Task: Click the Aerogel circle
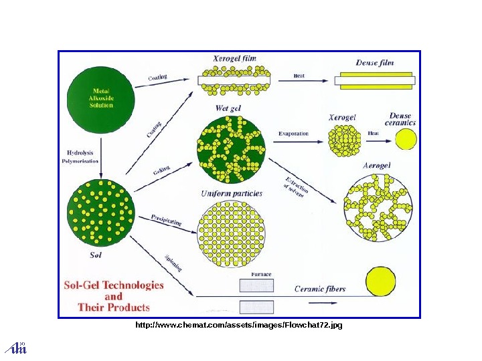click(x=378, y=209)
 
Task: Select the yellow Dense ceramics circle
click(x=405, y=139)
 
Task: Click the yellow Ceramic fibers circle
click(x=382, y=281)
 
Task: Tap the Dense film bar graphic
click(x=374, y=80)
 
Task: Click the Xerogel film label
click(x=234, y=59)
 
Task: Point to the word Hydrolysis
click(x=80, y=152)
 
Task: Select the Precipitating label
click(x=166, y=220)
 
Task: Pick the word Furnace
click(x=260, y=275)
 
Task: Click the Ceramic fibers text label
click(x=320, y=289)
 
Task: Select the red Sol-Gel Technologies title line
click(x=113, y=285)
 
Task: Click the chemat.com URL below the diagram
click(x=239, y=325)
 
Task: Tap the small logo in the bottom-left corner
click(x=15, y=347)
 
